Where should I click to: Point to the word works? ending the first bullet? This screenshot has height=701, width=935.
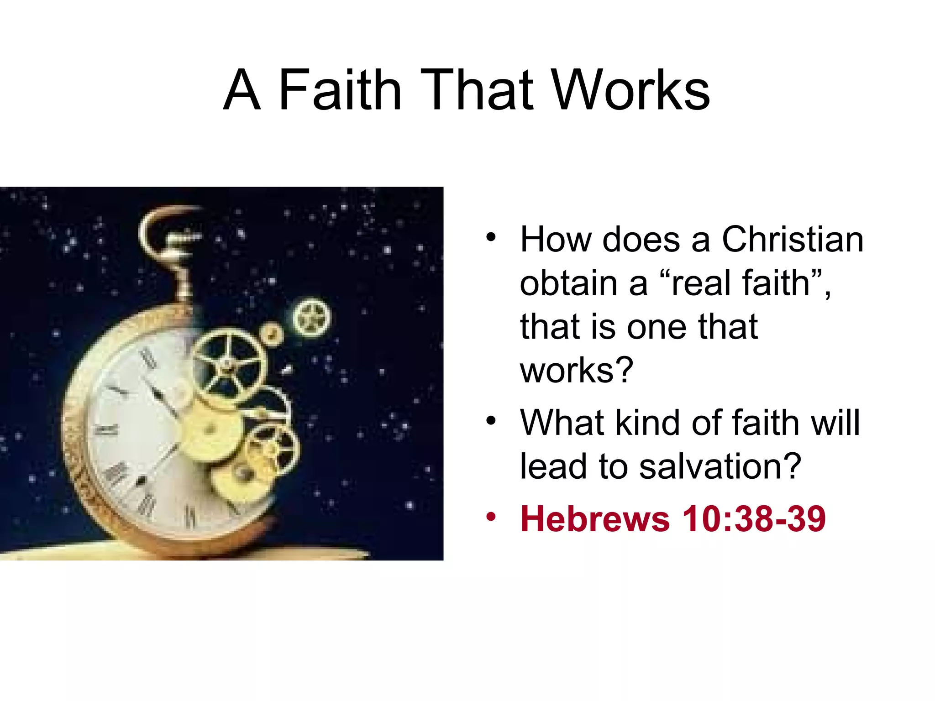coord(577,370)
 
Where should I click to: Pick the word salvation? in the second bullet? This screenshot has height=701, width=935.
coord(720,466)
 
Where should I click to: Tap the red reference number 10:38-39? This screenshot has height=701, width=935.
coord(754,519)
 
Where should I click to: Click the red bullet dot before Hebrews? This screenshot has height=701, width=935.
coord(491,517)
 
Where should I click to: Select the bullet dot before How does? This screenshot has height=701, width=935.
coord(491,237)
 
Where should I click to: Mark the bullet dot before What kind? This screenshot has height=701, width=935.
coord(491,420)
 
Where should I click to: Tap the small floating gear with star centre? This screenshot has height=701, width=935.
coord(311,317)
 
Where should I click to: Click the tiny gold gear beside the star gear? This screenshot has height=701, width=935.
coord(271,334)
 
